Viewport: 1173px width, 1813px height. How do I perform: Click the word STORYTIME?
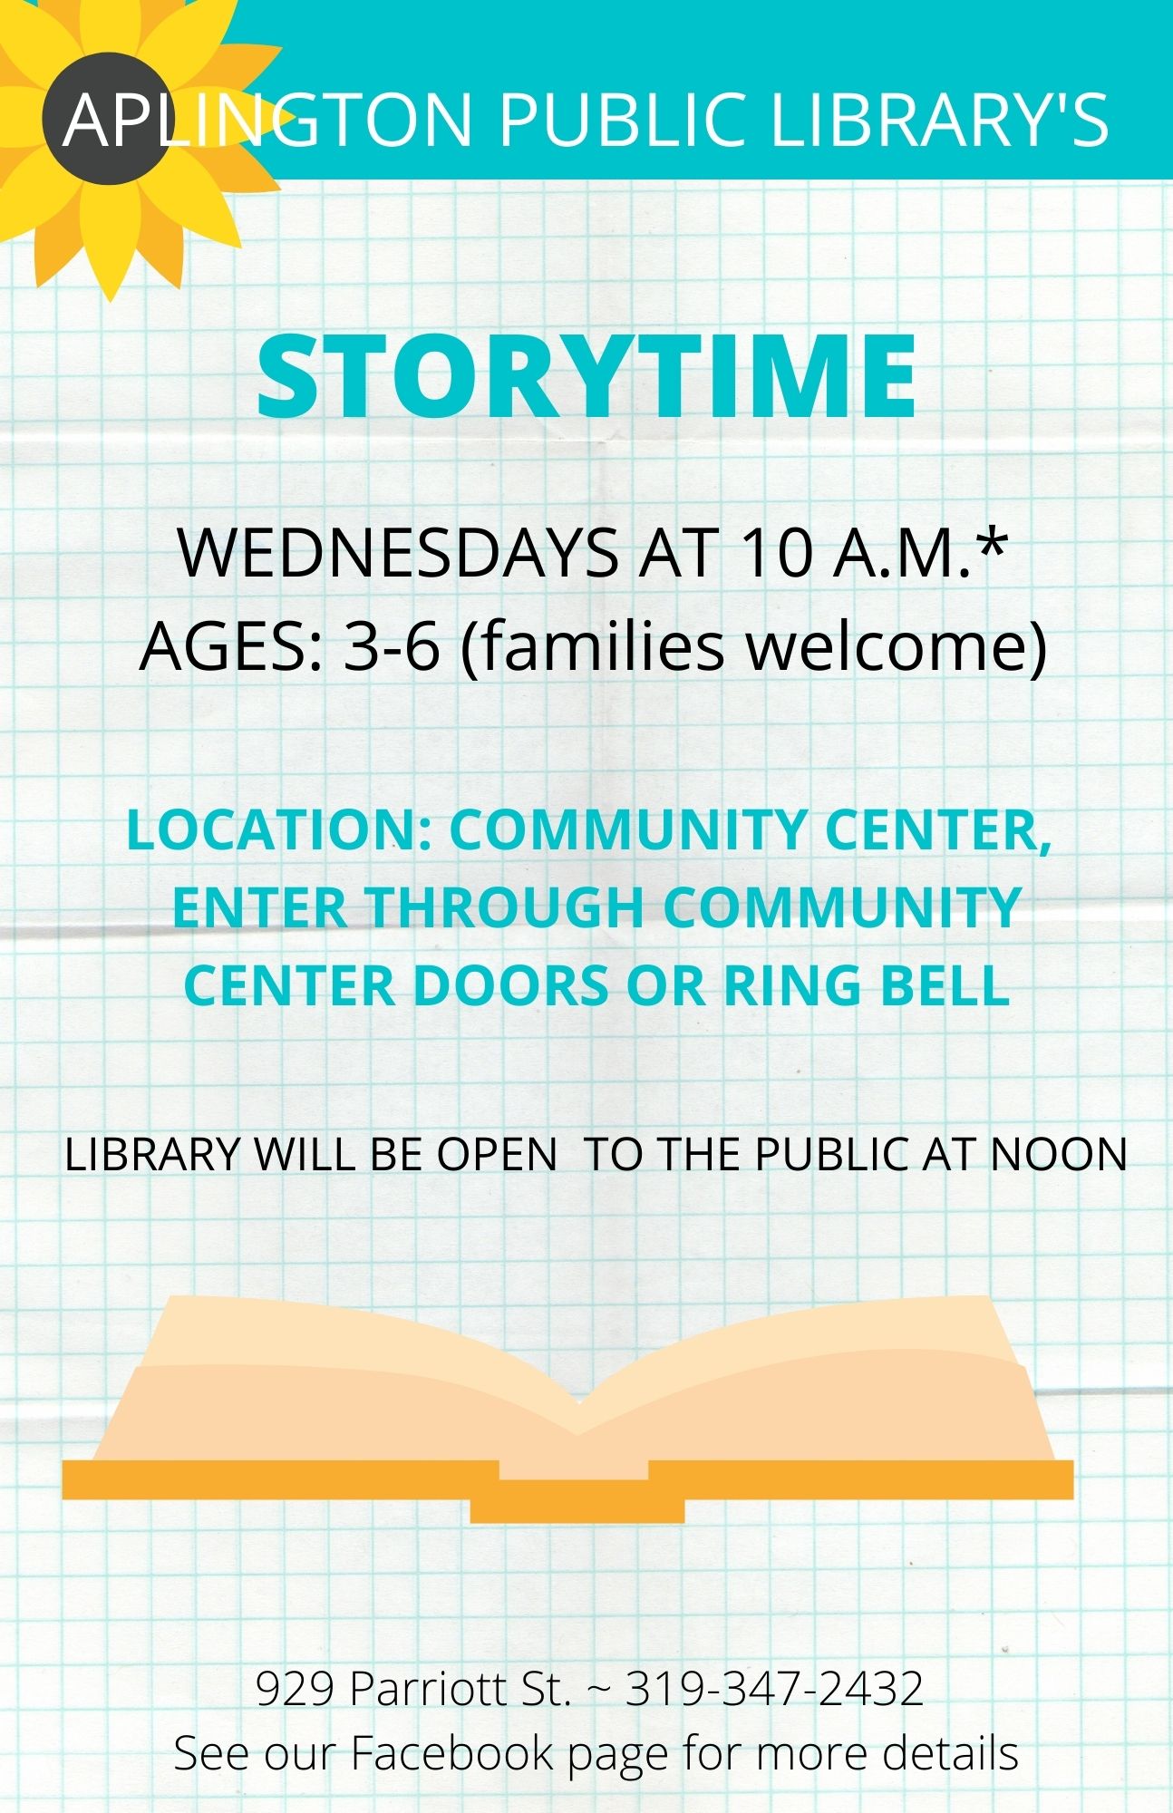pyautogui.click(x=587, y=376)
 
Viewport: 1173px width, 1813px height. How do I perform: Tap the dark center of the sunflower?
pyautogui.click(x=107, y=119)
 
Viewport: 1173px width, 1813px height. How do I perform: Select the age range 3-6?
pyautogui.click(x=391, y=647)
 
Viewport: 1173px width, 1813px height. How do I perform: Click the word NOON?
pyautogui.click(x=1058, y=1155)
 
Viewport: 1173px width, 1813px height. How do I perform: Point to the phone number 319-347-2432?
pyautogui.click(x=774, y=1688)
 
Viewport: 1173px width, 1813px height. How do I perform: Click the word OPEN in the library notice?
pyautogui.click(x=496, y=1155)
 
